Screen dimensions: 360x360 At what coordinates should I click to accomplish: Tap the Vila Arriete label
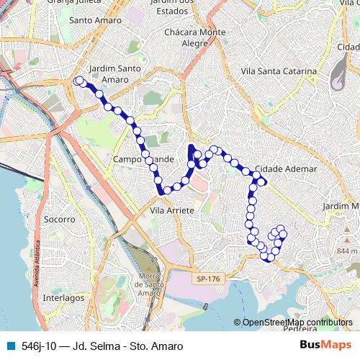pyautogui.click(x=172, y=210)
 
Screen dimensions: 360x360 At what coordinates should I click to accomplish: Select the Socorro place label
pyautogui.click(x=60, y=218)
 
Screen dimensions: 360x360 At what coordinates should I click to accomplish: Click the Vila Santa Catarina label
pyautogui.click(x=279, y=71)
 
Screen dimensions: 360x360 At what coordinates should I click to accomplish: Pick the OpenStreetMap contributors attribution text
pyautogui.click(x=297, y=323)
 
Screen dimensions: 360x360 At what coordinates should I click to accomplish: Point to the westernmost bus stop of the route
pyautogui.click(x=76, y=81)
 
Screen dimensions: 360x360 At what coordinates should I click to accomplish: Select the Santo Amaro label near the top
pyautogui.click(x=94, y=20)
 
